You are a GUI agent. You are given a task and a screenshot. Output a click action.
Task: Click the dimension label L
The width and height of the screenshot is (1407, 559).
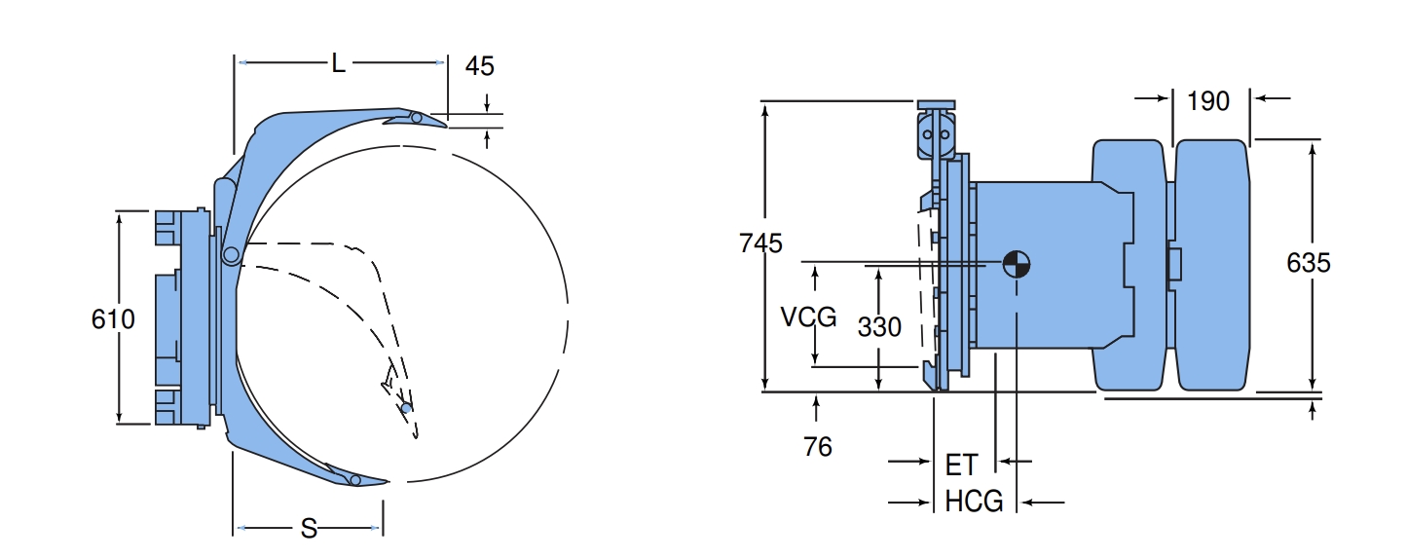tap(338, 64)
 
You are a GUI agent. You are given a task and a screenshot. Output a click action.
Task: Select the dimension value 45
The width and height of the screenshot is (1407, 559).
tap(479, 66)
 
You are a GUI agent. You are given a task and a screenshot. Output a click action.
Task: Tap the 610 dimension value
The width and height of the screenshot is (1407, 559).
tap(113, 318)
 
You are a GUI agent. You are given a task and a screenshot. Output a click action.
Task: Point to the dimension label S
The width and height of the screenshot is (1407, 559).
tap(309, 529)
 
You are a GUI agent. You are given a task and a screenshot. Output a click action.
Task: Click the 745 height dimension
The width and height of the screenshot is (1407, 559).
tap(760, 242)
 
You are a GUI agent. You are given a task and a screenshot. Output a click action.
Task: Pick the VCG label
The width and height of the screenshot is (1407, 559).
tap(808, 317)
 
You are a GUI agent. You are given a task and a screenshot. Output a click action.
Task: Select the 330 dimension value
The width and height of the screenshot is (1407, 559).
tap(879, 327)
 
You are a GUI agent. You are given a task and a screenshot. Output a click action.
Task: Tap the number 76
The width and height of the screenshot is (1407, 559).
tap(818, 446)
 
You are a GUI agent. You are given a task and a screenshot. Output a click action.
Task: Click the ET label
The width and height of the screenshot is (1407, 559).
tap(961, 465)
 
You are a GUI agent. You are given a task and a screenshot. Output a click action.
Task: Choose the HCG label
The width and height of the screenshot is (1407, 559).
tap(974, 502)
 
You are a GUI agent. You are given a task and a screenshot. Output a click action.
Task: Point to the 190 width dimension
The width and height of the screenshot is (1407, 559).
tap(1208, 100)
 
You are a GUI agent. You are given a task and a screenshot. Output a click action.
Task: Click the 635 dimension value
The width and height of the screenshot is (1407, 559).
tap(1309, 263)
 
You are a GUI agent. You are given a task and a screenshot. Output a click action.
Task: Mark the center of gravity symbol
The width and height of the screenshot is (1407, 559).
tap(1016, 263)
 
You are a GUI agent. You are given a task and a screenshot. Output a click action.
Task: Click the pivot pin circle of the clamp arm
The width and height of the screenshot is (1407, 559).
tap(231, 255)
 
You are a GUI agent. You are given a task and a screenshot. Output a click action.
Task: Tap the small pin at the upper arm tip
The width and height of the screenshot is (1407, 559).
tap(416, 118)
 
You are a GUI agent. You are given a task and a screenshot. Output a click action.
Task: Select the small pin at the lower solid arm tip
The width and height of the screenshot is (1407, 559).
tap(355, 479)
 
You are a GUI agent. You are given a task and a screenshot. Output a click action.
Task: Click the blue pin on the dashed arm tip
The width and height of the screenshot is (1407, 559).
tap(406, 407)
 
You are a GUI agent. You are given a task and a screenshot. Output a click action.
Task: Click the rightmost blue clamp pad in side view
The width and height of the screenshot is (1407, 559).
tap(1212, 265)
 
